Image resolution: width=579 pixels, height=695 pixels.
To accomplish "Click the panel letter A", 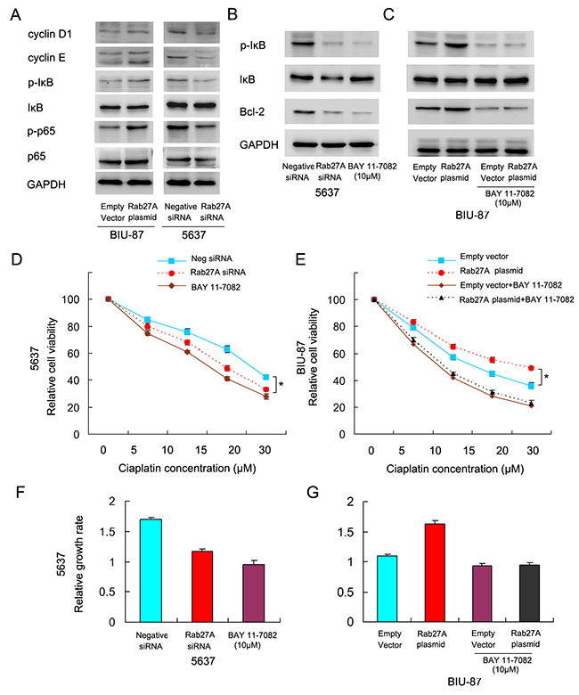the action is coord(15,14).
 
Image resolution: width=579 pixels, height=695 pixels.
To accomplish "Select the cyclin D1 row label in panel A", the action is coord(50,34).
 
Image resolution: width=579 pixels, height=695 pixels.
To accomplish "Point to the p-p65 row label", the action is coord(41,131).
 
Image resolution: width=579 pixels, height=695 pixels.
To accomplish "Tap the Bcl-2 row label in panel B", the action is coord(252,111).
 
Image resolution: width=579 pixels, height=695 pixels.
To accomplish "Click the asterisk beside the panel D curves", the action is coord(281,384).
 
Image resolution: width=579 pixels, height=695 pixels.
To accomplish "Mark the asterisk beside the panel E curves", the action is coord(546,377).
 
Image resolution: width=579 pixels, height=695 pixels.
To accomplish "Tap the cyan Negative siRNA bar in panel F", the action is coord(151,570).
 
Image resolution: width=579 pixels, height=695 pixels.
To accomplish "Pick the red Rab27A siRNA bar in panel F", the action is coord(202,586).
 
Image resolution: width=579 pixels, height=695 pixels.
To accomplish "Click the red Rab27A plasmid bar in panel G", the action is coord(435,573).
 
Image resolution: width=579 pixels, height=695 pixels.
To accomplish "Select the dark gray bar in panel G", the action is coord(529,593).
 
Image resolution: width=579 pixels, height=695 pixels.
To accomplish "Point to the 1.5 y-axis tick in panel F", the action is coord(108,531).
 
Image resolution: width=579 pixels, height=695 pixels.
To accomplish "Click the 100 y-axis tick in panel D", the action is coord(70,299).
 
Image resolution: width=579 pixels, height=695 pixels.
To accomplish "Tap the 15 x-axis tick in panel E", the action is coord(469,450).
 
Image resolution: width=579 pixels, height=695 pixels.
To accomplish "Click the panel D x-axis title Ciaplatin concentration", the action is coord(187,468).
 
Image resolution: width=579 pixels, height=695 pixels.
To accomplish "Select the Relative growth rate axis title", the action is coord(79,564).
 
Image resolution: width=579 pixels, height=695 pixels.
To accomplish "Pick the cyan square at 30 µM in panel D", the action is coord(265,377).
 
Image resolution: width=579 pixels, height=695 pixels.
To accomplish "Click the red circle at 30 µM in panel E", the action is coord(531,368).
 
